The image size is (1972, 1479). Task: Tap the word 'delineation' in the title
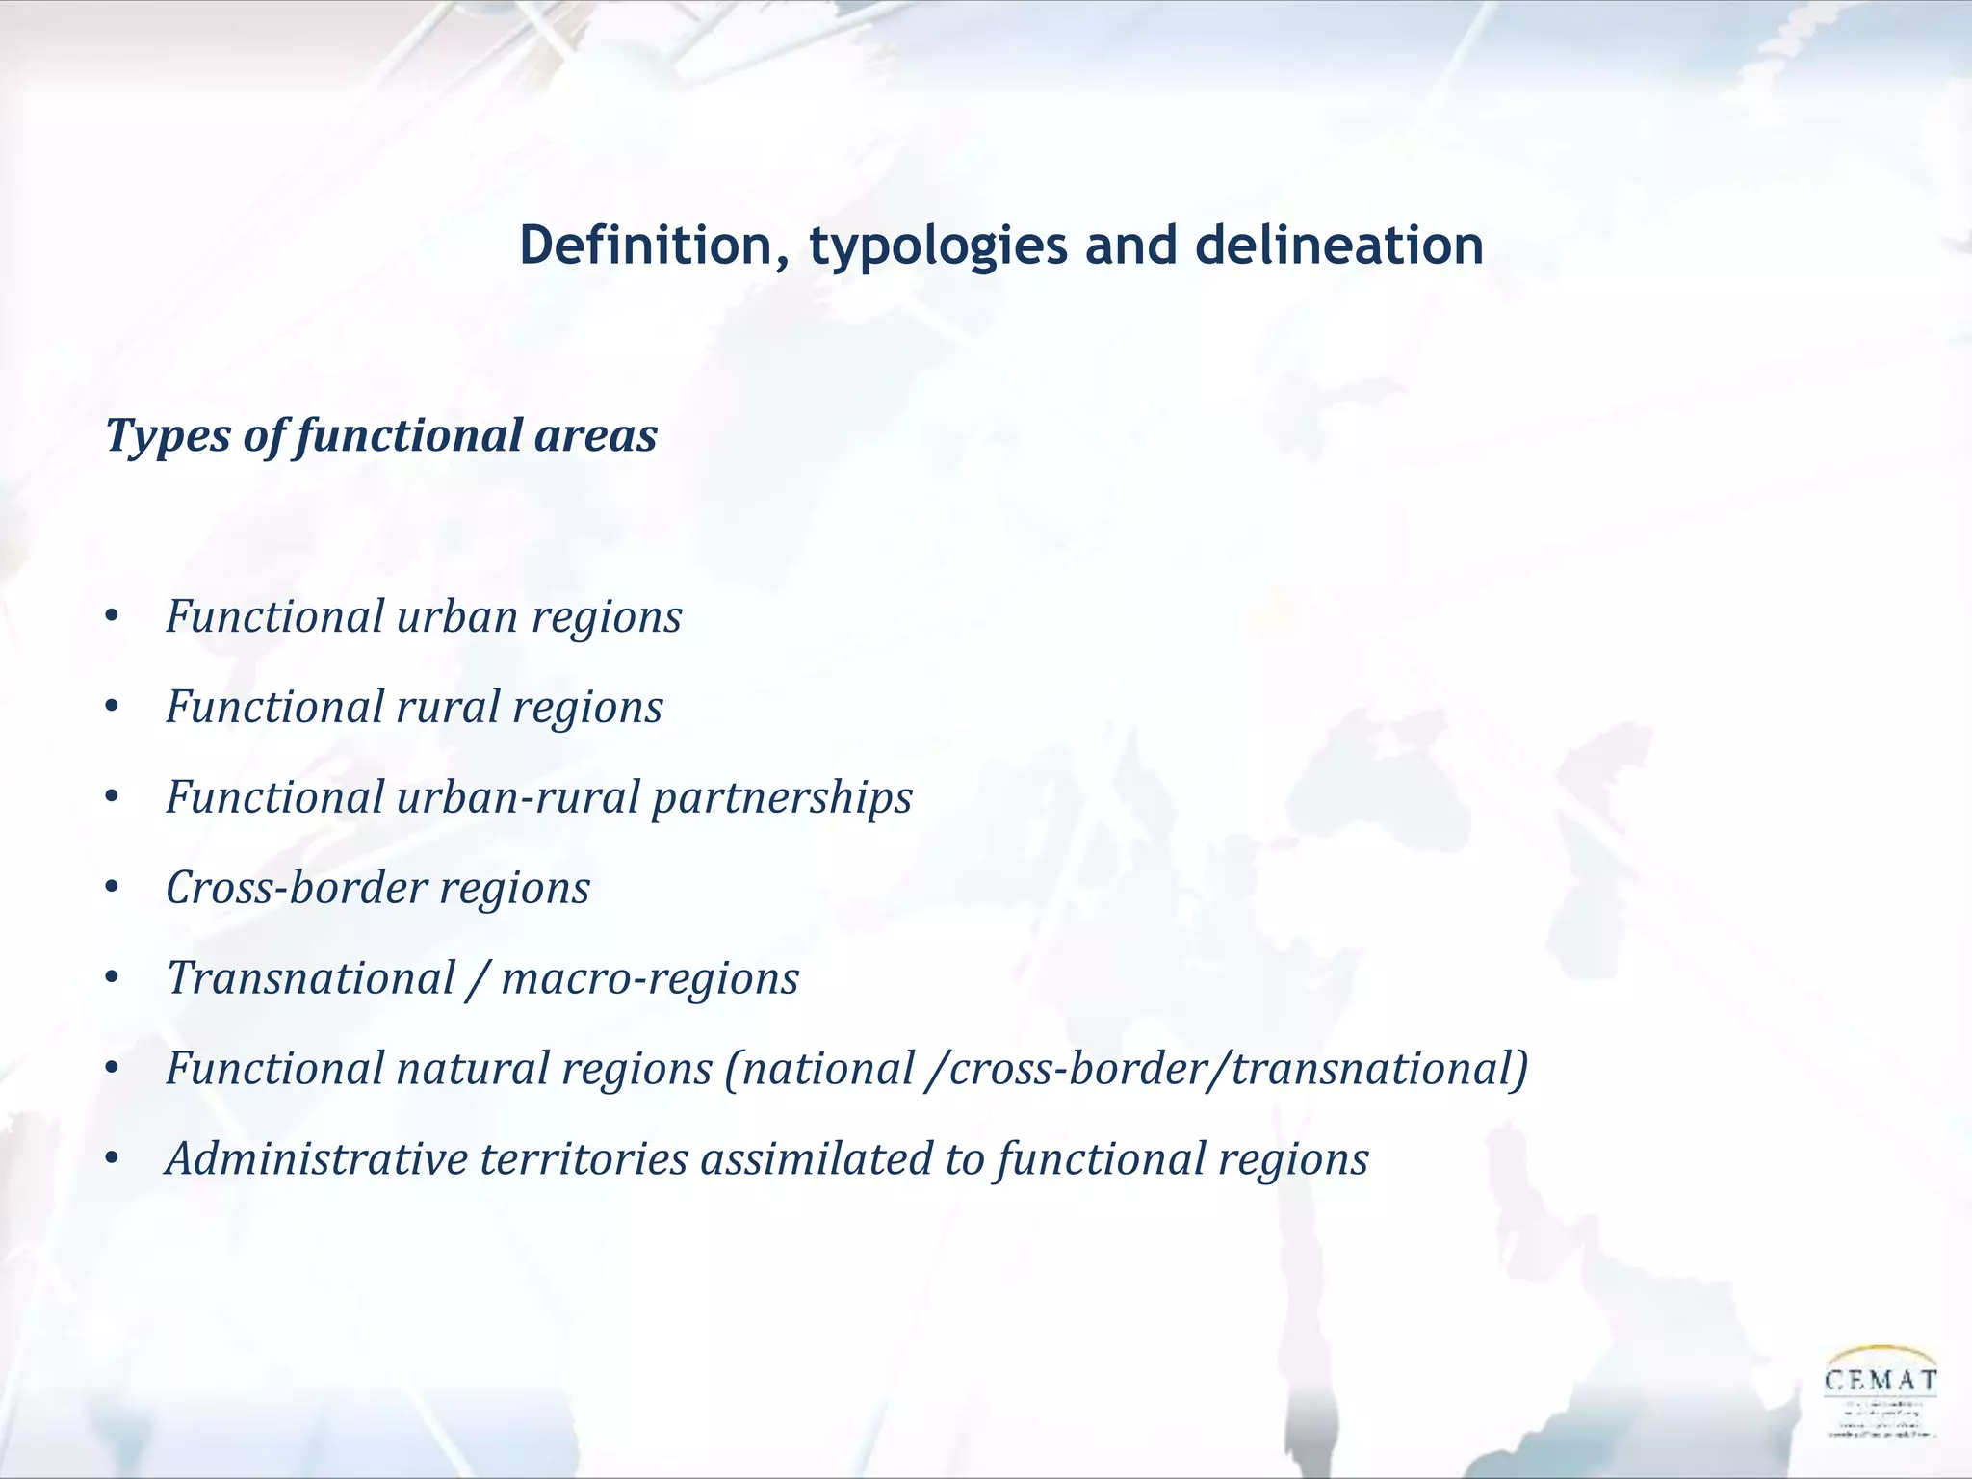coord(1338,246)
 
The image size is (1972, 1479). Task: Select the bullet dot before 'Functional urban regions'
coord(113,617)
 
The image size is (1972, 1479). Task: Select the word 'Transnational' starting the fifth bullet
coord(311,978)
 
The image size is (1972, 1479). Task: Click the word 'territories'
coord(584,1159)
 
